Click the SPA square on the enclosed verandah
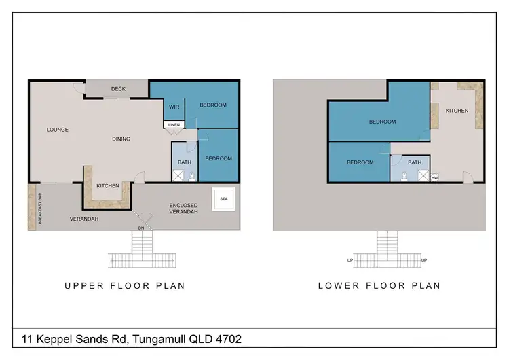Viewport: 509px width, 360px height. (x=223, y=199)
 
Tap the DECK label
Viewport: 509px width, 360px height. (x=118, y=89)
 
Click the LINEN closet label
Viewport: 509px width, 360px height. (x=173, y=124)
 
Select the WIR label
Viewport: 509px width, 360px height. (x=173, y=106)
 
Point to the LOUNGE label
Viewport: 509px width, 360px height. (x=58, y=129)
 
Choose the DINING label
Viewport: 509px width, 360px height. (x=121, y=139)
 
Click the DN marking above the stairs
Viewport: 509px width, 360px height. (x=142, y=228)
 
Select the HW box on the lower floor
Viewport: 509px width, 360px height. (x=434, y=177)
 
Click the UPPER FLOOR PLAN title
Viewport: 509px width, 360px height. (x=125, y=286)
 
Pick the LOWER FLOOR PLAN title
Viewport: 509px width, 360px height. (x=379, y=286)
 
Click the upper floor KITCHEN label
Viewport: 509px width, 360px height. (x=108, y=185)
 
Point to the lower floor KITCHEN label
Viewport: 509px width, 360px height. (x=457, y=110)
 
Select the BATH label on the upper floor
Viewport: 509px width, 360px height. (x=184, y=162)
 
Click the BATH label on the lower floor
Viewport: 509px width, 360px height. (x=415, y=162)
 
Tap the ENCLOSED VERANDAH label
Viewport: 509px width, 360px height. (x=183, y=209)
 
